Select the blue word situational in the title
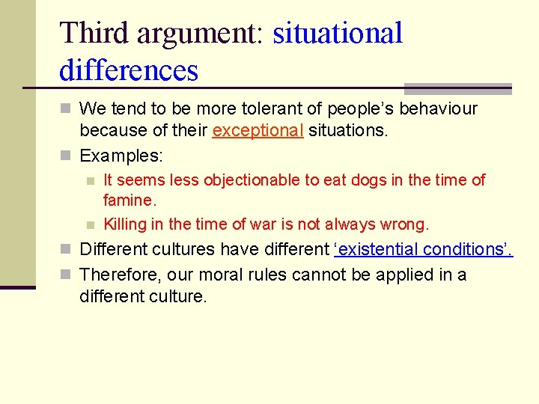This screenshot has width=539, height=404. pyautogui.click(x=338, y=33)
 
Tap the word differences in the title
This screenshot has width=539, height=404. pyautogui.click(x=128, y=70)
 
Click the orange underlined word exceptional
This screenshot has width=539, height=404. pyautogui.click(x=258, y=130)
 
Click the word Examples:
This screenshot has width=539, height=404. pyautogui.click(x=121, y=156)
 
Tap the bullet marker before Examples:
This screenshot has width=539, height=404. pyautogui.click(x=65, y=156)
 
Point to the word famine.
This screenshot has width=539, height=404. pyautogui.click(x=130, y=201)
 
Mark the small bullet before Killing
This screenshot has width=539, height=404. pyautogui.click(x=90, y=224)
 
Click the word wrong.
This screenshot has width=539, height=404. pyautogui.click(x=404, y=224)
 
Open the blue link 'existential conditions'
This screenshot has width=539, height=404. pyautogui.click(x=423, y=249)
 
